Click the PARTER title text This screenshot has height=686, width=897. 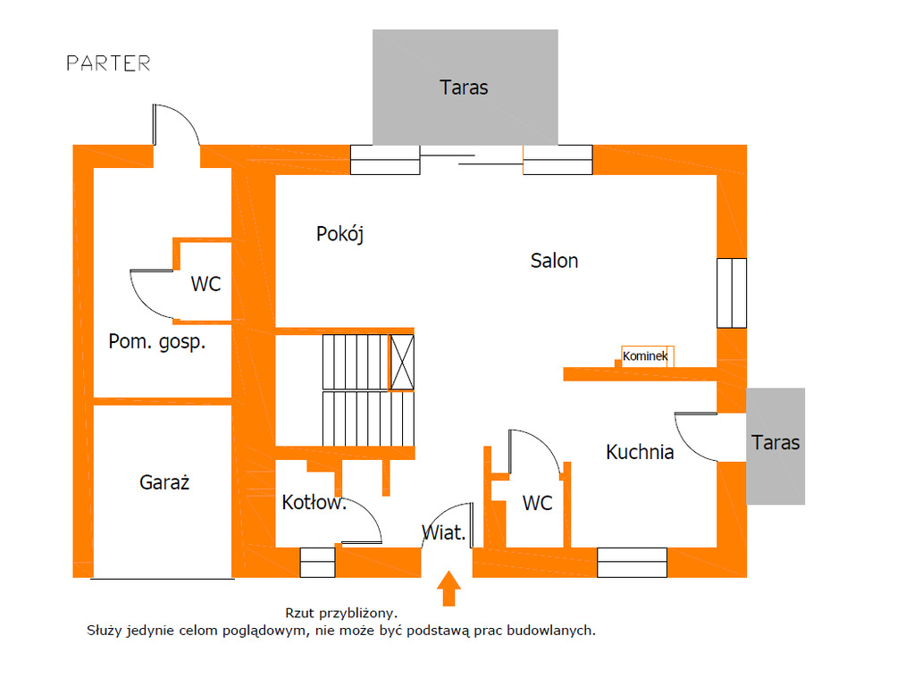(x=108, y=63)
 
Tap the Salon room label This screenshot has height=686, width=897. (x=554, y=261)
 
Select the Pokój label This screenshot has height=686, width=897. (x=340, y=234)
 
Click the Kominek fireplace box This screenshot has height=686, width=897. (x=647, y=356)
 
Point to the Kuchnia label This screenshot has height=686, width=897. (x=640, y=452)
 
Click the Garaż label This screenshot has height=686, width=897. (x=164, y=483)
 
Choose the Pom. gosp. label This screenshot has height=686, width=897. (x=156, y=341)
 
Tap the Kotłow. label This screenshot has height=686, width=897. (x=314, y=502)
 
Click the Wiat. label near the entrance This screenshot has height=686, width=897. (x=444, y=534)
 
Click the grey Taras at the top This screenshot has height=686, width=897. (x=465, y=87)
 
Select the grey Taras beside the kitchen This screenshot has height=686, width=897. (x=775, y=444)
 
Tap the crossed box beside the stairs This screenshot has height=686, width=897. (x=402, y=362)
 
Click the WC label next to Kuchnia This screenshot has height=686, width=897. (x=537, y=504)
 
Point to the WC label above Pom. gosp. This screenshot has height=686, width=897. (x=205, y=285)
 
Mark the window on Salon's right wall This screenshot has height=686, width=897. (x=731, y=293)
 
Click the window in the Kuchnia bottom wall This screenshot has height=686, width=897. (x=632, y=562)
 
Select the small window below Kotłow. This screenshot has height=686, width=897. (x=317, y=562)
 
